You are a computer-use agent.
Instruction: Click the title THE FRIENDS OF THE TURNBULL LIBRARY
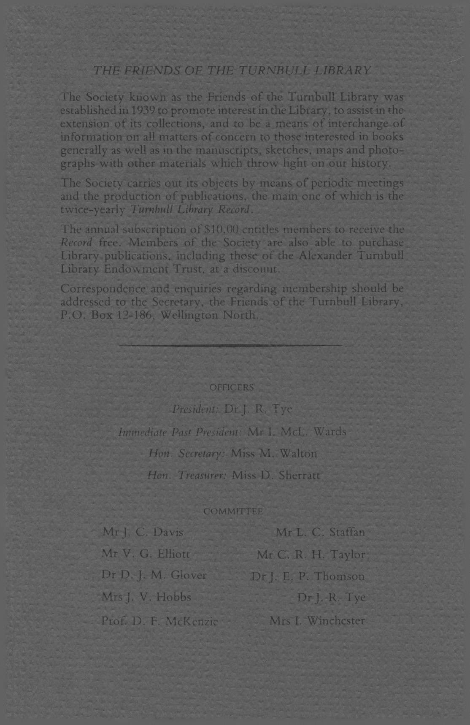click(x=232, y=70)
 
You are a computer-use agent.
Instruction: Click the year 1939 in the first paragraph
click(x=144, y=111)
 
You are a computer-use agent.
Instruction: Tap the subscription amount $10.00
click(x=221, y=230)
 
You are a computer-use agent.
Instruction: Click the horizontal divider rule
click(x=230, y=345)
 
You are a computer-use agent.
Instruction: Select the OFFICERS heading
click(x=232, y=387)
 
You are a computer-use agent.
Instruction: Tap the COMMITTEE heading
click(x=233, y=511)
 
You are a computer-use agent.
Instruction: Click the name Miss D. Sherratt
click(x=276, y=476)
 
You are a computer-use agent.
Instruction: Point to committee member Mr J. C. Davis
click(x=143, y=532)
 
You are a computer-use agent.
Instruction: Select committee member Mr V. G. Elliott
click(x=146, y=554)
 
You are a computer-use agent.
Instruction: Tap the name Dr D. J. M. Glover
click(x=154, y=575)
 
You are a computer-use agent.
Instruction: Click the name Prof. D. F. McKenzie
click(x=160, y=621)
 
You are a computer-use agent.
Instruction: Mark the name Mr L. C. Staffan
click(x=320, y=532)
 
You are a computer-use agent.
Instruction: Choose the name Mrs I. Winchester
click(x=317, y=621)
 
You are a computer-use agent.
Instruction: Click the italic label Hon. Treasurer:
click(x=187, y=476)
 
